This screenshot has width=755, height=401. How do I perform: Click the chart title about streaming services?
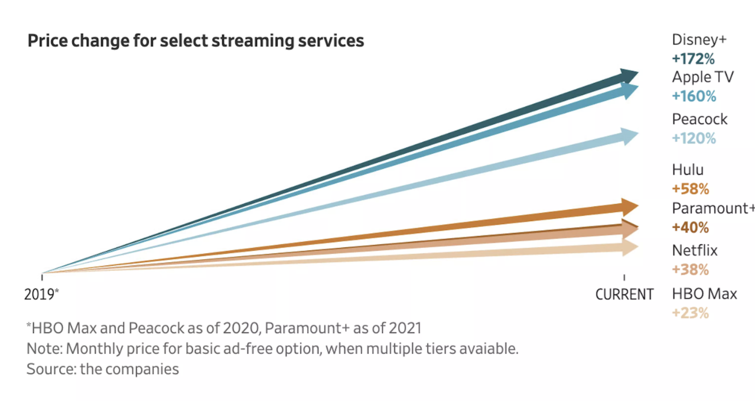click(x=196, y=41)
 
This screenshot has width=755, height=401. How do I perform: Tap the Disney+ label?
click(x=699, y=40)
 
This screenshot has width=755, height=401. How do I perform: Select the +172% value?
click(x=694, y=59)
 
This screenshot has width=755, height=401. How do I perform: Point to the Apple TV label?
click(x=702, y=77)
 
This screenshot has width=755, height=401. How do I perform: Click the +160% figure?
click(x=694, y=96)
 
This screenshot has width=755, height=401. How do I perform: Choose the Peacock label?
click(x=699, y=119)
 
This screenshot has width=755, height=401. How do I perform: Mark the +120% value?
click(x=694, y=138)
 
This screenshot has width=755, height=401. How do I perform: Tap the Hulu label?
click(x=688, y=170)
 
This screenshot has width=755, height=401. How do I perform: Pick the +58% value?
click(x=690, y=189)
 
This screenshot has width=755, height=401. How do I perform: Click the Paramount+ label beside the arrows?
click(x=713, y=208)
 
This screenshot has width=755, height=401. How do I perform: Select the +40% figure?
click(x=690, y=227)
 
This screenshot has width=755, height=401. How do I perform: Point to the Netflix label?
click(x=695, y=250)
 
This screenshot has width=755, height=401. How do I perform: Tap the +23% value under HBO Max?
click(x=690, y=313)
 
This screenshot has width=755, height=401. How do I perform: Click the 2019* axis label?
click(x=41, y=294)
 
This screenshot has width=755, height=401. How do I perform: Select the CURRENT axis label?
click(x=624, y=294)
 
